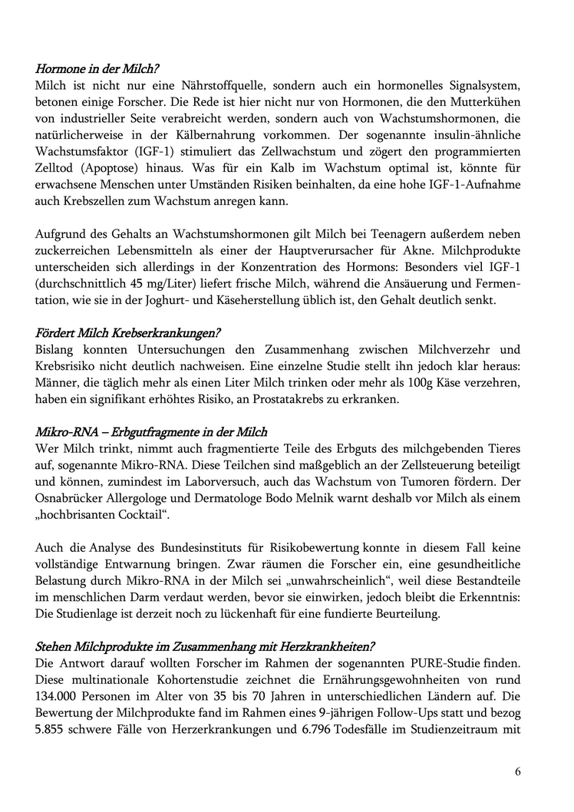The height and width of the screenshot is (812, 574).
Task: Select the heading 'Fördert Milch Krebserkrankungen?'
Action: click(x=128, y=333)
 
